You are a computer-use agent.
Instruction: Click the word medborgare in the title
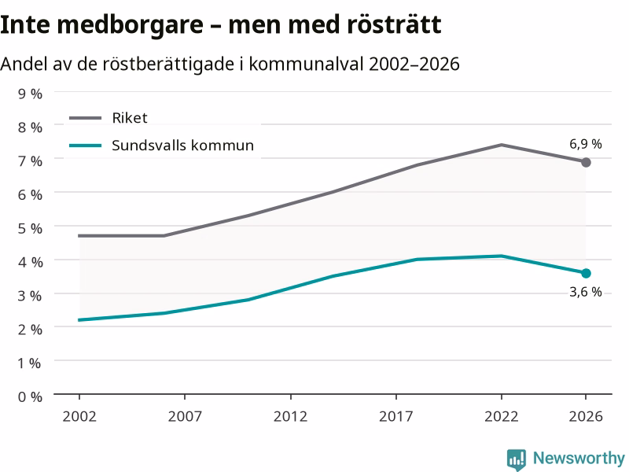pos(130,26)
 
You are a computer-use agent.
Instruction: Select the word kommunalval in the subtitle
pos(307,64)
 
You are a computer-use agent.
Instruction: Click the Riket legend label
pos(130,118)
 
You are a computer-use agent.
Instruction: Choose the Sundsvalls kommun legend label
pos(182,146)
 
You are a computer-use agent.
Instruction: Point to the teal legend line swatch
pos(86,146)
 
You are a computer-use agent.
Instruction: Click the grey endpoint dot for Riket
pos(586,162)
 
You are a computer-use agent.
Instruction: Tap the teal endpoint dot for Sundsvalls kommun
pos(586,273)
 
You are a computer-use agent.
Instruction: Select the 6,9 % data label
pos(586,144)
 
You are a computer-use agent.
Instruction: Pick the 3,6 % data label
pos(586,292)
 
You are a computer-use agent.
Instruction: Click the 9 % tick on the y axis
pos(30,94)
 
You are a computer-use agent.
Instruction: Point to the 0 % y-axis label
pos(30,397)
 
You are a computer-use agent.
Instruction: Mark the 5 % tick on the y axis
pos(30,228)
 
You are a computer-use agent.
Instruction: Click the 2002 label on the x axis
pos(79,416)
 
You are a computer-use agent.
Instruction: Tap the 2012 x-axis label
pos(290,416)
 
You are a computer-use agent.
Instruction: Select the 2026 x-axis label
pos(586,416)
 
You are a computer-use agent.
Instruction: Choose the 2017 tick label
pos(396,416)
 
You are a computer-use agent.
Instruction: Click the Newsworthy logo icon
pos(517,459)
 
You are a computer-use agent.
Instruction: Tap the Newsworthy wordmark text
pos(579,458)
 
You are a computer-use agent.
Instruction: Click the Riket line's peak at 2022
pos(502,145)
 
